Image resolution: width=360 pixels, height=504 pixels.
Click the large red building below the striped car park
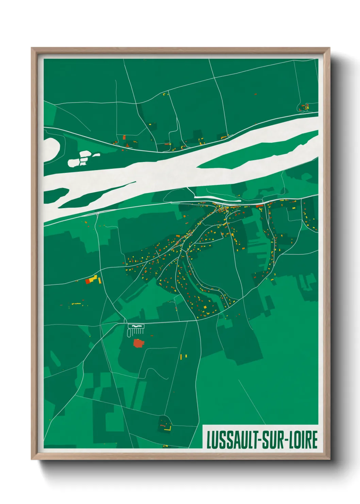point(138,343)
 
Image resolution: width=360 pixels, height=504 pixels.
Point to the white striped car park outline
point(136,329)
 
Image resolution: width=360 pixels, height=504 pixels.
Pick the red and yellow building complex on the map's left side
point(93,280)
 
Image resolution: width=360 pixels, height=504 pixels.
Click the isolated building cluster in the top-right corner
point(304,108)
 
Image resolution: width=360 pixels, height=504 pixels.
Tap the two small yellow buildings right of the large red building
point(183,357)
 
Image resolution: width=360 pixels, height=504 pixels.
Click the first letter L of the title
point(209,440)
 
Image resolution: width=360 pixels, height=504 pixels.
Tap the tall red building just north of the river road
point(124,138)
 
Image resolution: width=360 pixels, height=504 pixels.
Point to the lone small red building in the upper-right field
point(256,94)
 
